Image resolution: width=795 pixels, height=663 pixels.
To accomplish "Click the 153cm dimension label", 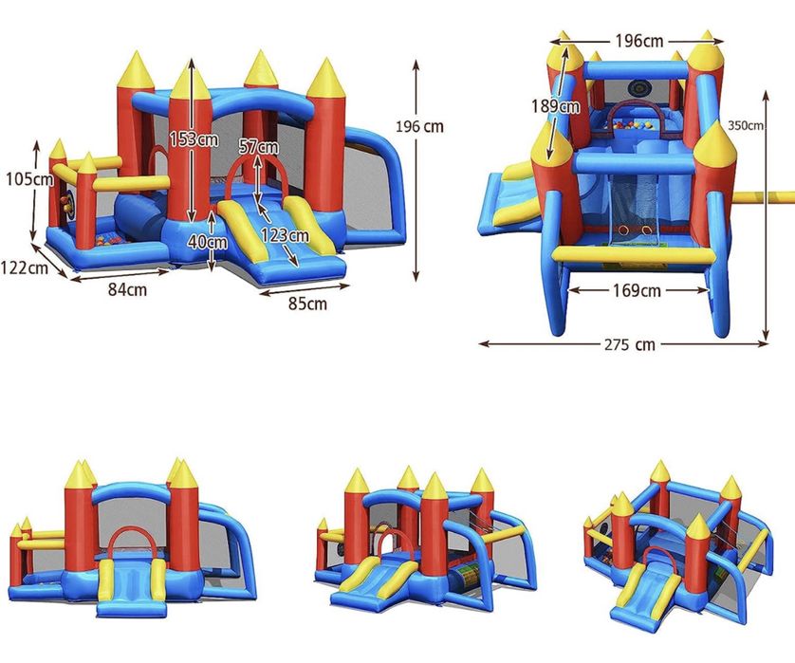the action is tap(194, 138).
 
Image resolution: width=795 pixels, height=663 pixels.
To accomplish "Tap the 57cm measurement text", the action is tap(259, 146).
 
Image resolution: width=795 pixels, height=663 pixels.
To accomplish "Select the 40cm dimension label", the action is tap(208, 242).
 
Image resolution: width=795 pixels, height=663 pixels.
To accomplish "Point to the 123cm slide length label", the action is tap(285, 235).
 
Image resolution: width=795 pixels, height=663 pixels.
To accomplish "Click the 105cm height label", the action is tap(29, 179).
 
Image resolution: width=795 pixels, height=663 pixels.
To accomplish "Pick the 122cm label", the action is tap(24, 267).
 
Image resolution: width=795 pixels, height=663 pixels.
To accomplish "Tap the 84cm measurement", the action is tap(127, 289).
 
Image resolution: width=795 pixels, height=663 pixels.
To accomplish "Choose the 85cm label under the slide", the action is tap(307, 304).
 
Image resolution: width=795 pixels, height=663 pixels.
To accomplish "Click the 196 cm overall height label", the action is tap(419, 126).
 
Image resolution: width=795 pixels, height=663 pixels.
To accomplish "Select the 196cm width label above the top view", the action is tap(638, 41).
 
